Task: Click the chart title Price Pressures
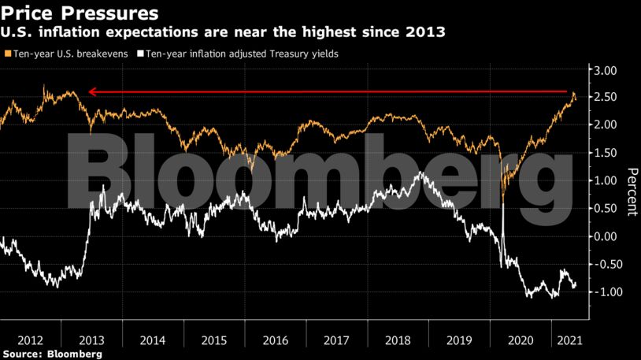[79, 13]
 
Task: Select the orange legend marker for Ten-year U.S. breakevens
[6, 54]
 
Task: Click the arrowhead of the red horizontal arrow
[91, 92]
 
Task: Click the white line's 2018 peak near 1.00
[423, 173]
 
